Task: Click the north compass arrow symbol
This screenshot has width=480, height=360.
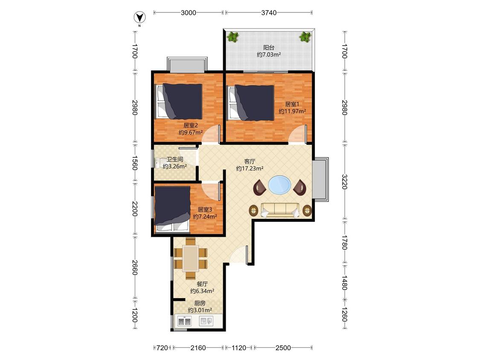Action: pyautogui.click(x=140, y=17)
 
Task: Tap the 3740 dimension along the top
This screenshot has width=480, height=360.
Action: pyautogui.click(x=269, y=12)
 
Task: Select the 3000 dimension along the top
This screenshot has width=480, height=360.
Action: pyautogui.click(x=188, y=12)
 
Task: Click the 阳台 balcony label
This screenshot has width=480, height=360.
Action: pyautogui.click(x=269, y=47)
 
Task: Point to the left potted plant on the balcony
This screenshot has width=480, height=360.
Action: pyautogui.click(x=233, y=37)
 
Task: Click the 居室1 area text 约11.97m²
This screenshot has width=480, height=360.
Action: pyautogui.click(x=292, y=111)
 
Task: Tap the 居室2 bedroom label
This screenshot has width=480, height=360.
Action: pyautogui.click(x=190, y=125)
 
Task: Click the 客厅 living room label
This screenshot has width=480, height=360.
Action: pyautogui.click(x=250, y=161)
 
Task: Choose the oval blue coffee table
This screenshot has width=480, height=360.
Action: pyautogui.click(x=279, y=185)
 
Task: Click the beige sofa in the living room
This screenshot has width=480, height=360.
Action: pyautogui.click(x=280, y=210)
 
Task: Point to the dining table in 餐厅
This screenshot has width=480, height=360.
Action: pyautogui.click(x=191, y=258)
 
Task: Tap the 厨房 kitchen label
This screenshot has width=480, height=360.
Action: pyautogui.click(x=200, y=303)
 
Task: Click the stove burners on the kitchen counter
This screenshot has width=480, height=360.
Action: pyautogui.click(x=185, y=322)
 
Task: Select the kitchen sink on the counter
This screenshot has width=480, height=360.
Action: pyautogui.click(x=206, y=321)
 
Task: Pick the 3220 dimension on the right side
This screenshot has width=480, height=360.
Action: pyautogui.click(x=344, y=182)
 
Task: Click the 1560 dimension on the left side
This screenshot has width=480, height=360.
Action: pyautogui.click(x=134, y=163)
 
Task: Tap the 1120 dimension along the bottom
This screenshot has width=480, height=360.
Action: pyautogui.click(x=239, y=348)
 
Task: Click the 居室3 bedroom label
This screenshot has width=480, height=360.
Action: pyautogui.click(x=205, y=209)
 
